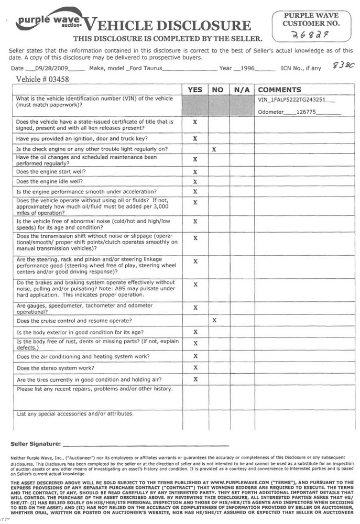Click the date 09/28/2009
[x=55, y=69]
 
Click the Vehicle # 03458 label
[x=43, y=80]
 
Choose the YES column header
[x=194, y=90]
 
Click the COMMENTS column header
[x=279, y=90]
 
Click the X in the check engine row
[x=214, y=149]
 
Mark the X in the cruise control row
[x=214, y=320]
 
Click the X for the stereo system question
[x=195, y=368]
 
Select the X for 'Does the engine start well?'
[x=195, y=171]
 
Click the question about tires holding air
[x=89, y=379]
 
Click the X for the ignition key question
[x=195, y=139]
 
